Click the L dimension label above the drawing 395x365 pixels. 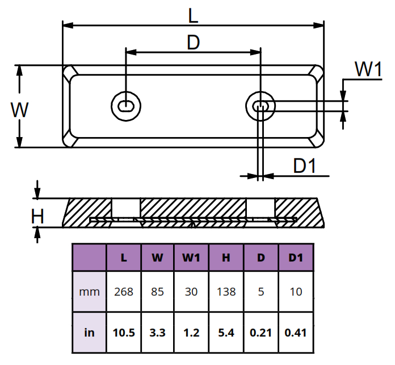click(x=193, y=16)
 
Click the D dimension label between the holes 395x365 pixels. click(x=194, y=43)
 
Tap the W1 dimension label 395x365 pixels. click(x=368, y=69)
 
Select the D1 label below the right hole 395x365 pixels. click(x=305, y=166)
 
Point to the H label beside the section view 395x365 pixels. click(x=37, y=217)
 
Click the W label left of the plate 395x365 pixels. click(x=20, y=110)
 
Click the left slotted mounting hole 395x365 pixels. click(x=126, y=106)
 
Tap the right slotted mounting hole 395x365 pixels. click(x=260, y=106)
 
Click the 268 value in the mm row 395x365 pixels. click(x=124, y=292)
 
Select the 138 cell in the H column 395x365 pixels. click(x=226, y=292)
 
